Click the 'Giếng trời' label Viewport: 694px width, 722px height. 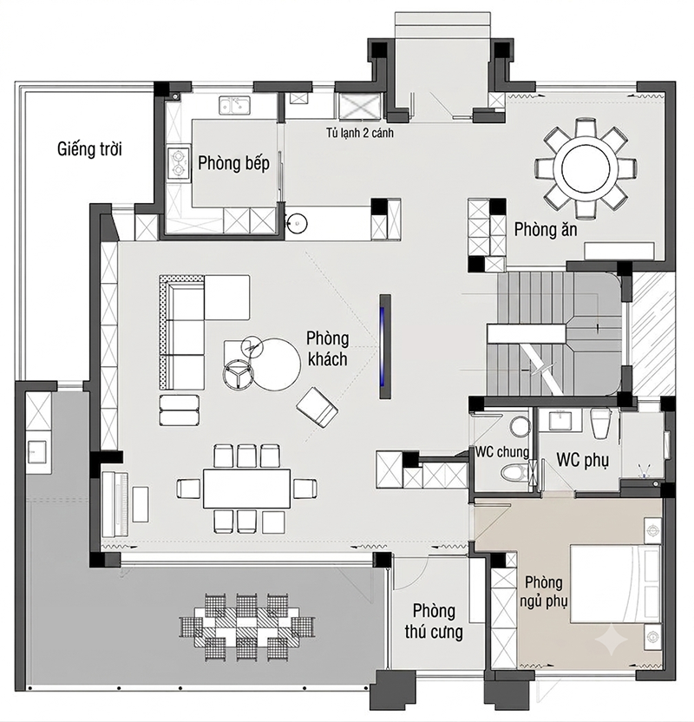point(89,149)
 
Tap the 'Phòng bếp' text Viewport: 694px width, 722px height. point(233,163)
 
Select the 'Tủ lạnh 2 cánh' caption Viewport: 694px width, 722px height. point(360,133)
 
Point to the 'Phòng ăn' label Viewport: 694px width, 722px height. point(546,229)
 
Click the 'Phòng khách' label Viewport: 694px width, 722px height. point(328,349)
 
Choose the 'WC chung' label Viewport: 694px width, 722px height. point(502,452)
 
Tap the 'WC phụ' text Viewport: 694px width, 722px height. point(583,460)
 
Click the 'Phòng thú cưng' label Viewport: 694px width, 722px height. point(434,621)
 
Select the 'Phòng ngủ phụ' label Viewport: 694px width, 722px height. point(544,592)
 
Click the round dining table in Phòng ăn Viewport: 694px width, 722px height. point(586,167)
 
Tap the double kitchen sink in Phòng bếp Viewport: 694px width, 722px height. point(234,105)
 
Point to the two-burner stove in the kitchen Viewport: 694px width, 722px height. point(179,163)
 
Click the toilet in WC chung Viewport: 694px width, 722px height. point(515,472)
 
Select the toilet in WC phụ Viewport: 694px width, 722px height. point(600,423)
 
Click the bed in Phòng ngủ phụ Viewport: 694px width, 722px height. point(615,584)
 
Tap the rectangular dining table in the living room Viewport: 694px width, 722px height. point(246,489)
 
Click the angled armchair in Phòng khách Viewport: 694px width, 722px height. point(318,408)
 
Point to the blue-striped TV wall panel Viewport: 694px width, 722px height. point(385,346)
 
